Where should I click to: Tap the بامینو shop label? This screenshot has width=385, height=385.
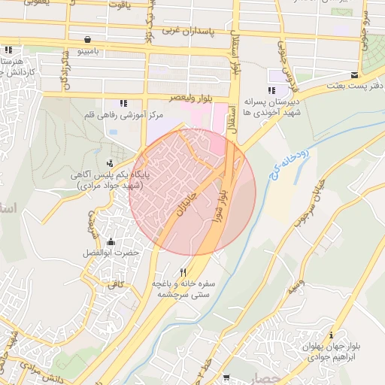click(89, 51)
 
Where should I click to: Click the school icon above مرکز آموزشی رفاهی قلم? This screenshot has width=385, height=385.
click(123, 103)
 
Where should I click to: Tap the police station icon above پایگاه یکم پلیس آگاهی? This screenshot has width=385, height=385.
click(111, 162)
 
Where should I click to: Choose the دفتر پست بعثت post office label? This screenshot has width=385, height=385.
click(355, 86)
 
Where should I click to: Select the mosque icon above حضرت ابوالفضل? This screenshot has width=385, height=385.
click(111, 241)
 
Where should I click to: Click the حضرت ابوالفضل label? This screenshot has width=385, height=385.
click(111, 253)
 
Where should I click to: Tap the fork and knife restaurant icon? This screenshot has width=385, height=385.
click(182, 272)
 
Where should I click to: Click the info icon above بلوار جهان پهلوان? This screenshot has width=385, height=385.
click(332, 335)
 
